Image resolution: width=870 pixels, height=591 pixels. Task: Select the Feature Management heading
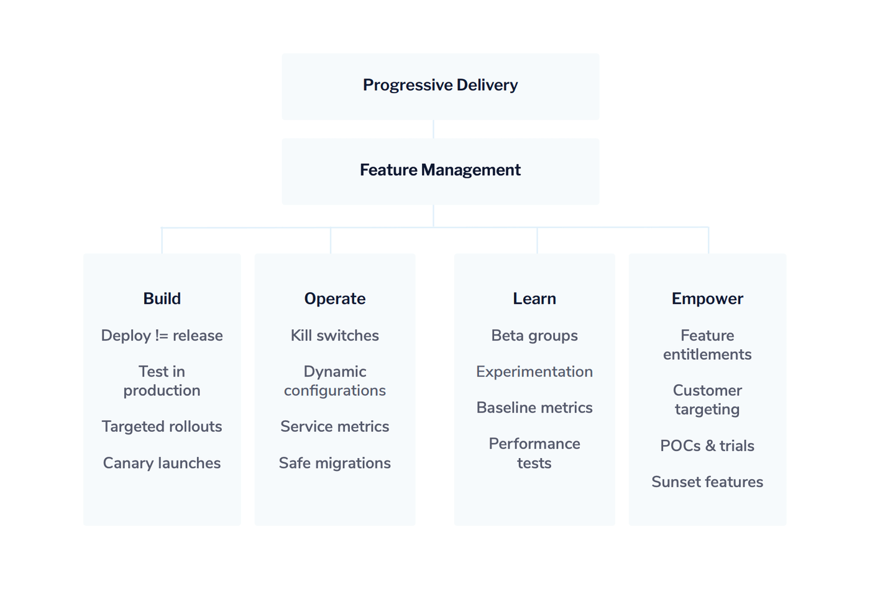[440, 170]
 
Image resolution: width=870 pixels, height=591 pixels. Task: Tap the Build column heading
[162, 299]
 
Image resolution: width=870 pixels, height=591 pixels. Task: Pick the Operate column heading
[334, 299]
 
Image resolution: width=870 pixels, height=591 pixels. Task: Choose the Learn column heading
[534, 299]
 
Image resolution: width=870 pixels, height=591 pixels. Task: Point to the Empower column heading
[707, 299]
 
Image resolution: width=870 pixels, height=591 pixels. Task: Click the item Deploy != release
[162, 336]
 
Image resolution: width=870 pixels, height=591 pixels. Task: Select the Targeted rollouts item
[162, 426]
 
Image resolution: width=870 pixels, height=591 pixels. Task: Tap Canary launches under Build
[162, 463]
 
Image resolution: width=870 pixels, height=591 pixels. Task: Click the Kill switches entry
[334, 336]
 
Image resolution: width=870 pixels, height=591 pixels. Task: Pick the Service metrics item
[334, 426]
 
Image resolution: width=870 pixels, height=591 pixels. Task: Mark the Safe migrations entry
[334, 463]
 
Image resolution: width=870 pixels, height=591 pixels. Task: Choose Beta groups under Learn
[534, 336]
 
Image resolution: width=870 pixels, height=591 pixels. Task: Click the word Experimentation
[534, 372]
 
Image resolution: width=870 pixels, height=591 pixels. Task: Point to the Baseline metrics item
[534, 408]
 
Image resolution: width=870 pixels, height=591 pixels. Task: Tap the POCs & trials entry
[707, 446]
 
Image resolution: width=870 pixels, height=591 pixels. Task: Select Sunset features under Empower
[707, 482]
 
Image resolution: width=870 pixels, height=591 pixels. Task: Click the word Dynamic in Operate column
[334, 372]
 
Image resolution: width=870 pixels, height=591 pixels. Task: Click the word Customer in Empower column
[707, 390]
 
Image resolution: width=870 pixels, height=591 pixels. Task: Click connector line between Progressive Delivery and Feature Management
[433, 129]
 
